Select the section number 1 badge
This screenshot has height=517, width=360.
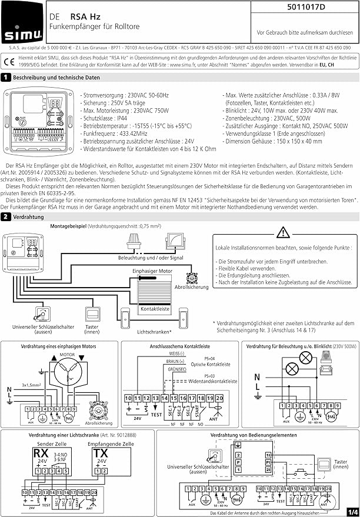(6, 77)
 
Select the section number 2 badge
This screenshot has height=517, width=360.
(6, 217)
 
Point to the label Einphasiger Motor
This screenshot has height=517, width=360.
(152, 270)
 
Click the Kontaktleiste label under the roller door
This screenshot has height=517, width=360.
(155, 308)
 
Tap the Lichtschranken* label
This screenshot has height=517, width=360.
(154, 332)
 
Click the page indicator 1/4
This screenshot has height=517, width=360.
(352, 511)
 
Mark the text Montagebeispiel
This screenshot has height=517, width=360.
(70, 226)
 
